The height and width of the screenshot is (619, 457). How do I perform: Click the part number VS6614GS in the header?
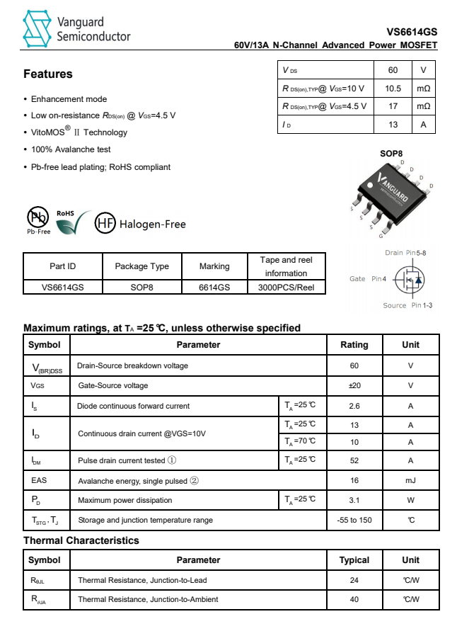pos(412,32)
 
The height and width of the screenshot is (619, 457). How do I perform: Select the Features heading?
pos(48,74)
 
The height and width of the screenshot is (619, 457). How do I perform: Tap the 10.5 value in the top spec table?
pos(393,89)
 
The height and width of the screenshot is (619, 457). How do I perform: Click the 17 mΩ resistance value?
pos(393,106)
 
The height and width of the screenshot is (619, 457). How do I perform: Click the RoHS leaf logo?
pos(71,222)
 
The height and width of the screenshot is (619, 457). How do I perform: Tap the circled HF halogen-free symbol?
pos(105,223)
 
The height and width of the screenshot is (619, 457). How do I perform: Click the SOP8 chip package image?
pos(387,195)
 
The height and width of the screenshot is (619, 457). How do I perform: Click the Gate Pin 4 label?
pos(368,279)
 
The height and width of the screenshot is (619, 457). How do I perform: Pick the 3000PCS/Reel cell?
pos(286,288)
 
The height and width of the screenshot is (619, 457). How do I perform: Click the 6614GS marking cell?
pos(214,288)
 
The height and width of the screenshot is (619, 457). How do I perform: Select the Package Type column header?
pos(141,266)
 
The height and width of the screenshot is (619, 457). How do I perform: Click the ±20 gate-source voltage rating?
pos(354,385)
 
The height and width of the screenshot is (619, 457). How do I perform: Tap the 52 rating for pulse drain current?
pos(354,460)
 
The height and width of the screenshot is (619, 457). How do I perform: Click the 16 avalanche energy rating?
pos(354,480)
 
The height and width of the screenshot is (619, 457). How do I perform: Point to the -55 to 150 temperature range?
pos(354,520)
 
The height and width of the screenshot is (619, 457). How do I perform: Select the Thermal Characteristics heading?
pos(81,540)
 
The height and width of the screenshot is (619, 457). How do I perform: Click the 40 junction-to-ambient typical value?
pos(354,599)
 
